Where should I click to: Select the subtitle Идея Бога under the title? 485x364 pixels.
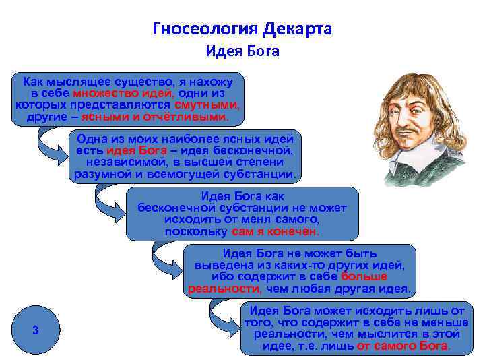pos(243,51)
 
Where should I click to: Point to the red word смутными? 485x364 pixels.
pos(206,105)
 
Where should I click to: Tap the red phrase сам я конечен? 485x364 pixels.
pos(276,231)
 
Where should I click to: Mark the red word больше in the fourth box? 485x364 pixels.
pos(364,277)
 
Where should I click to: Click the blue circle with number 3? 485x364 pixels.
pos(35,330)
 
